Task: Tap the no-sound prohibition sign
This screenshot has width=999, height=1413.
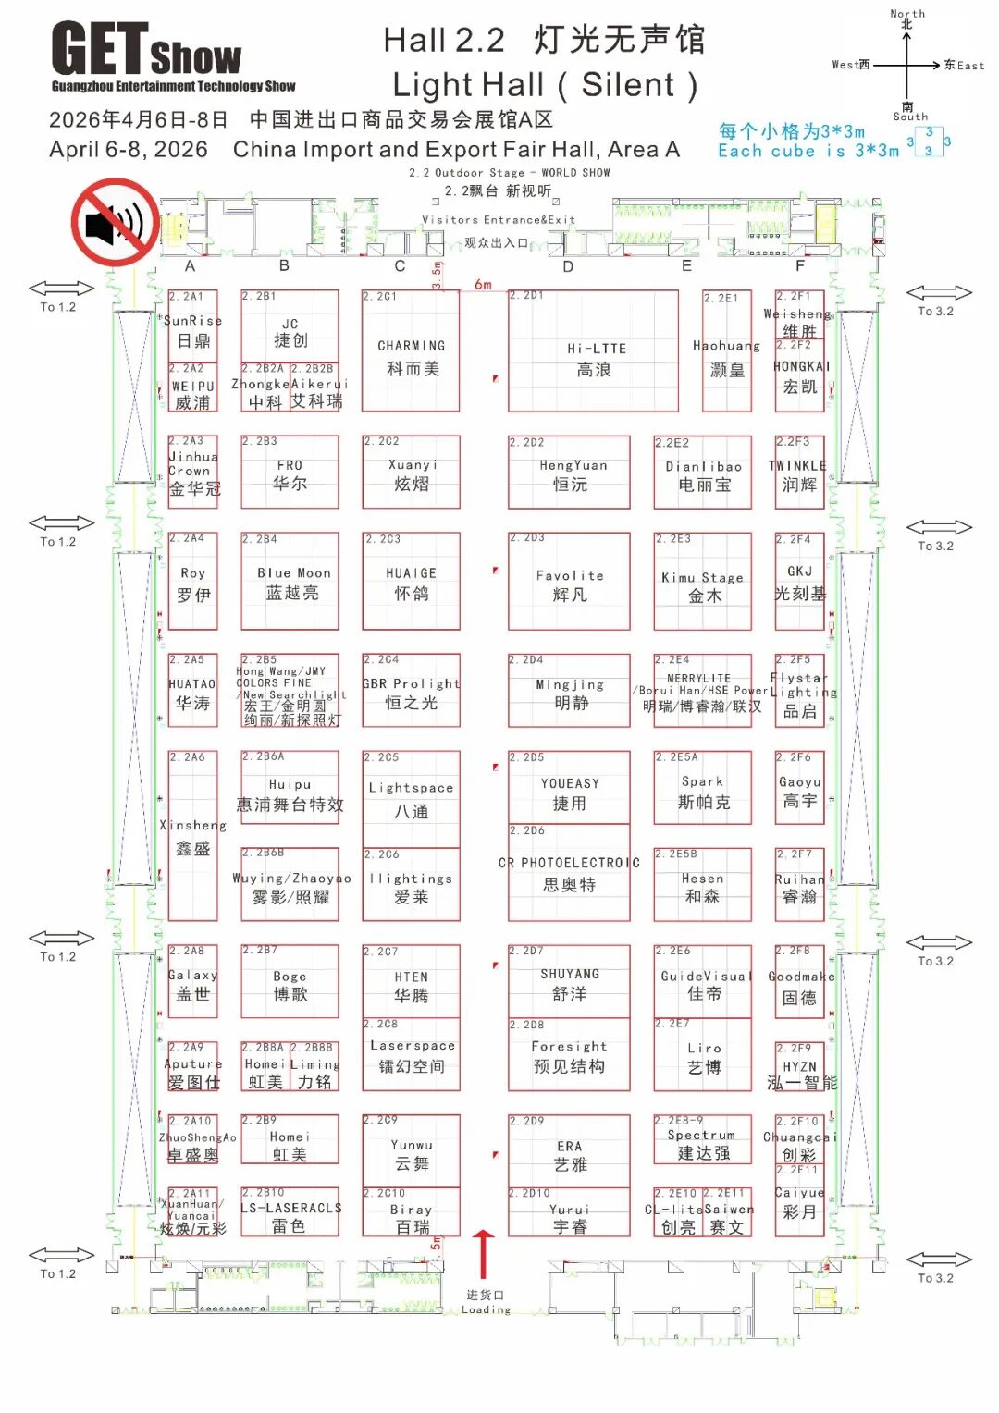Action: click(115, 223)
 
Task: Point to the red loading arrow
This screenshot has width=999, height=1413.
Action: click(484, 1254)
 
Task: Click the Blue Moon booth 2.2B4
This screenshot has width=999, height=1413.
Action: click(290, 582)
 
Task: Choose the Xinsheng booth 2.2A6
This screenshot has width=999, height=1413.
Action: click(192, 836)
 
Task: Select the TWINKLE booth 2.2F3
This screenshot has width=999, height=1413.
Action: click(799, 473)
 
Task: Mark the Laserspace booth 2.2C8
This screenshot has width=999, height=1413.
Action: click(411, 1055)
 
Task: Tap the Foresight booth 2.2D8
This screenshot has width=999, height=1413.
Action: click(569, 1055)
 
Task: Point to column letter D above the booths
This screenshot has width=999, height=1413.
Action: click(568, 266)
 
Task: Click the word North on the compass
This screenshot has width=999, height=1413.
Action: click(907, 13)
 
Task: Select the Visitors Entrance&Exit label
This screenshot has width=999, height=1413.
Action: click(499, 220)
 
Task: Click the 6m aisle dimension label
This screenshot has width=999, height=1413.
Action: click(483, 285)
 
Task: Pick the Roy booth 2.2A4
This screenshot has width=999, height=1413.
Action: click(192, 582)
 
